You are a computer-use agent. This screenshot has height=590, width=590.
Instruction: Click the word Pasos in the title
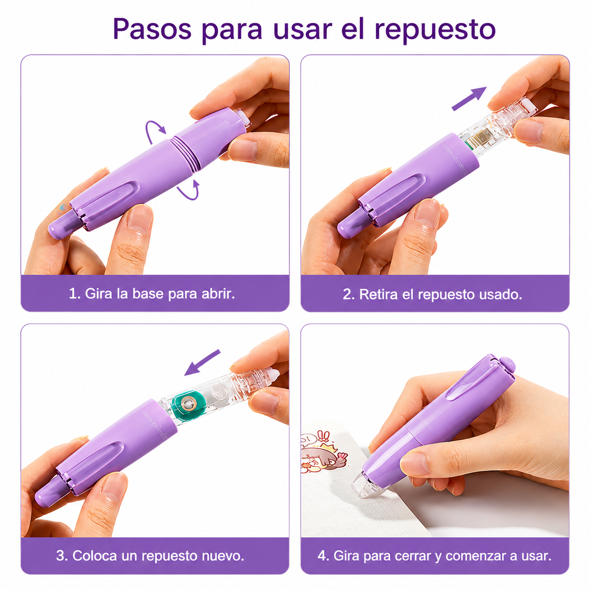(x=152, y=30)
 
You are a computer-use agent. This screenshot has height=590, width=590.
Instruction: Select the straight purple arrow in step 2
(x=469, y=99)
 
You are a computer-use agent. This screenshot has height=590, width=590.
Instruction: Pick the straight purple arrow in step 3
(x=202, y=362)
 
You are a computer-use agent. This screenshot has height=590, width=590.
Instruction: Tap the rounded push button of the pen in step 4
(x=508, y=365)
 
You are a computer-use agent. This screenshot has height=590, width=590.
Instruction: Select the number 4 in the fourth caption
(x=321, y=556)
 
